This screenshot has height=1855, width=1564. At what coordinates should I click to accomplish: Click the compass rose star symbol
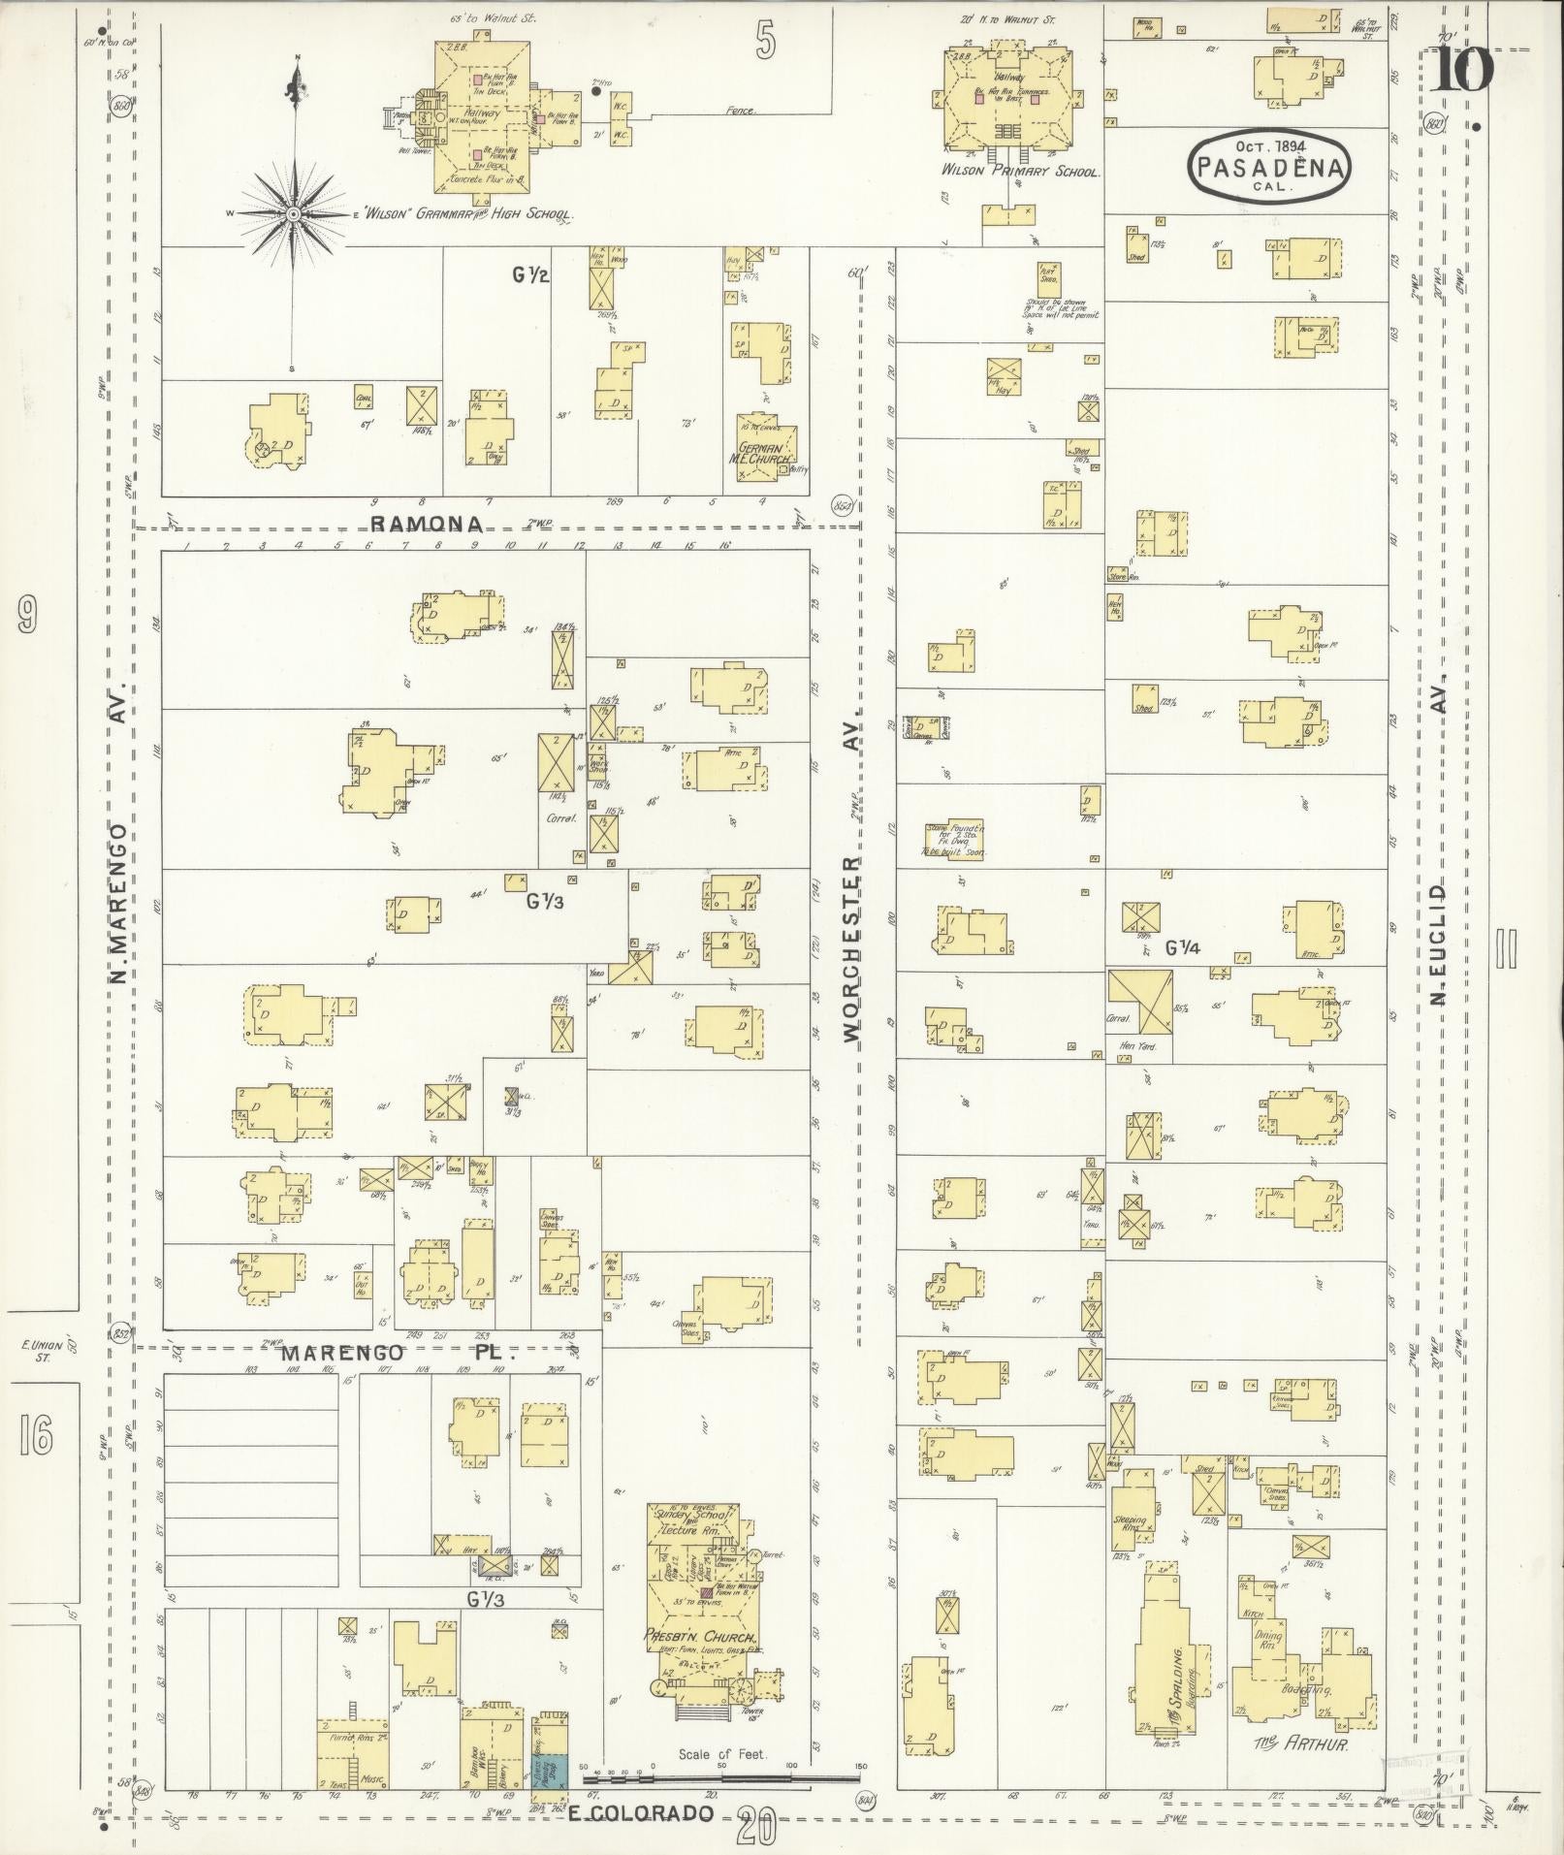292,214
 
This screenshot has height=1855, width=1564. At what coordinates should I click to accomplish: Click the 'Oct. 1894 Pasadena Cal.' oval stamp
1269,167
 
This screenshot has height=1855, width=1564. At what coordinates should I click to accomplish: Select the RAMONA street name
427,525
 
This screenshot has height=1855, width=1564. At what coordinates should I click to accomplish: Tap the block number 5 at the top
766,42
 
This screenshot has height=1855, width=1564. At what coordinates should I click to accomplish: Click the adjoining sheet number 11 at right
1506,948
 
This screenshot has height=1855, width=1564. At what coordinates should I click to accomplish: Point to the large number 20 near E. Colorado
755,1828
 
